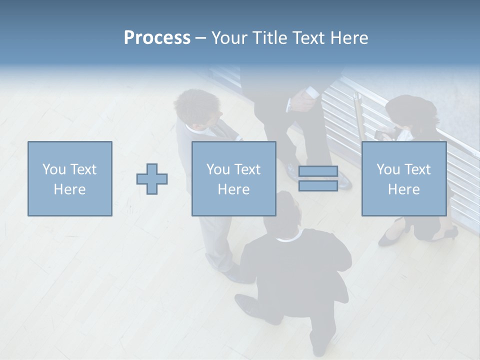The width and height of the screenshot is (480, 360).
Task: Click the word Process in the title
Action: point(157,38)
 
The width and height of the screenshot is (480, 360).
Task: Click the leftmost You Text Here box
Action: point(69,178)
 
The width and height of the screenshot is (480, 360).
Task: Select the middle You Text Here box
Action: point(233,178)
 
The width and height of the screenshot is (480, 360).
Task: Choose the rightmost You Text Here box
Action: point(403,178)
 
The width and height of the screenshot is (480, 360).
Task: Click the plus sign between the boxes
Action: point(152,178)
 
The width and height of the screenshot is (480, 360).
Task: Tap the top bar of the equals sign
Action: point(318,171)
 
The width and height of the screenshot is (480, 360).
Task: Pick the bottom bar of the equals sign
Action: point(318,185)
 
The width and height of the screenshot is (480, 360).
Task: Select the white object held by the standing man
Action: point(311,92)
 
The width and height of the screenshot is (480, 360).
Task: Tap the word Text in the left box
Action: point(83,169)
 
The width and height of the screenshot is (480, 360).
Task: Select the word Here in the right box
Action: point(403,189)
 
